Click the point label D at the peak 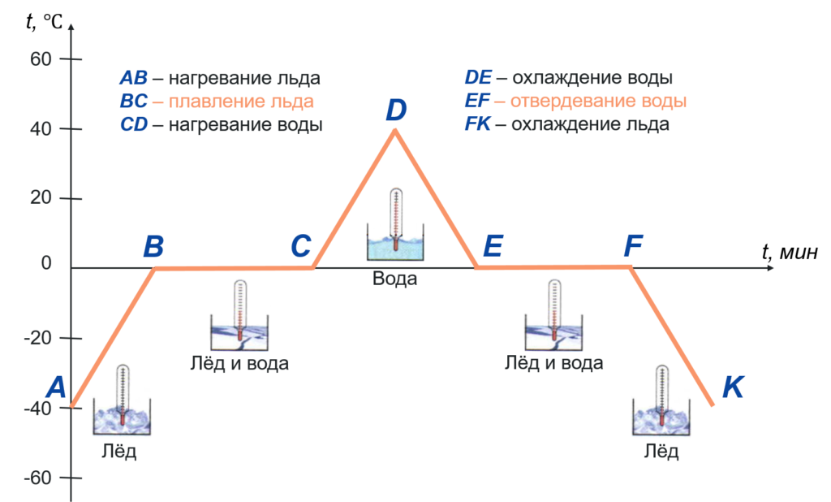(x=396, y=110)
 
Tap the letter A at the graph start (x=56, y=387)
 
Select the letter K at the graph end (x=734, y=387)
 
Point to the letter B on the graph (x=153, y=246)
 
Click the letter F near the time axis (x=633, y=245)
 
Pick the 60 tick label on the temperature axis (x=41, y=59)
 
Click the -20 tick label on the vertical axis (x=38, y=338)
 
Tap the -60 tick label (x=38, y=478)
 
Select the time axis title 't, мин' (x=790, y=252)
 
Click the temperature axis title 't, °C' (x=45, y=21)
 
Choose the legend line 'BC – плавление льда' (x=217, y=101)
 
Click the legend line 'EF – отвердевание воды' (x=575, y=100)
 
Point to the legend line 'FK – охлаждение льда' (x=567, y=123)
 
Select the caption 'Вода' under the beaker (x=395, y=279)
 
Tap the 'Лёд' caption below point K (x=661, y=452)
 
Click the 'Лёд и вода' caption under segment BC (x=239, y=363)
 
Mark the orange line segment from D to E (x=436, y=199)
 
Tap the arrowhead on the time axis (x=769, y=268)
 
